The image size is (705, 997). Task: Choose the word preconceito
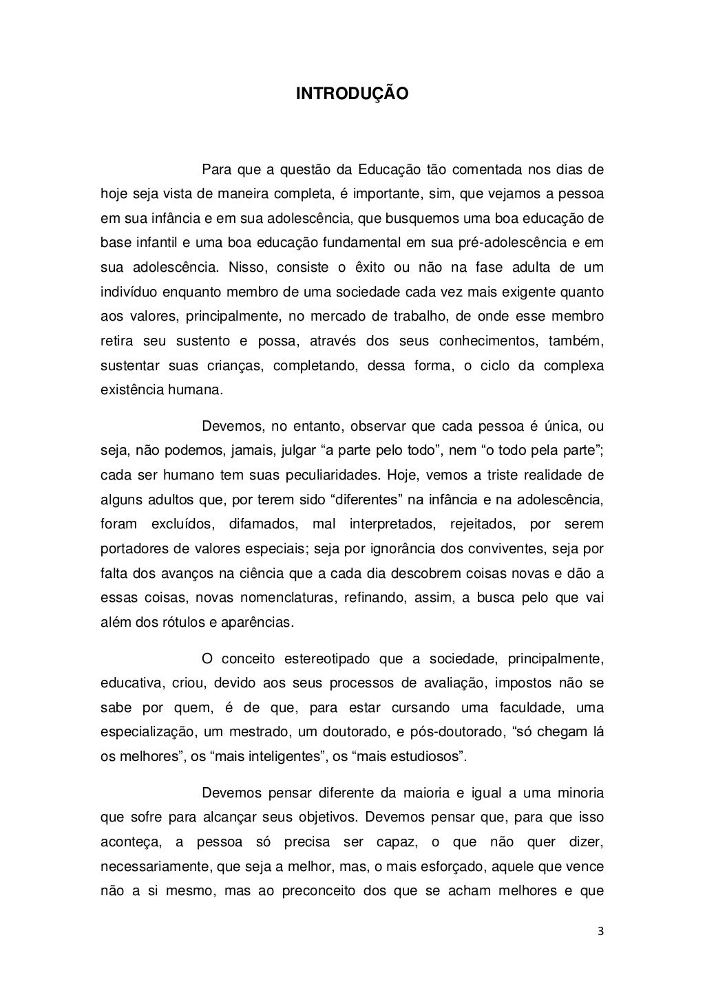[324, 891]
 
